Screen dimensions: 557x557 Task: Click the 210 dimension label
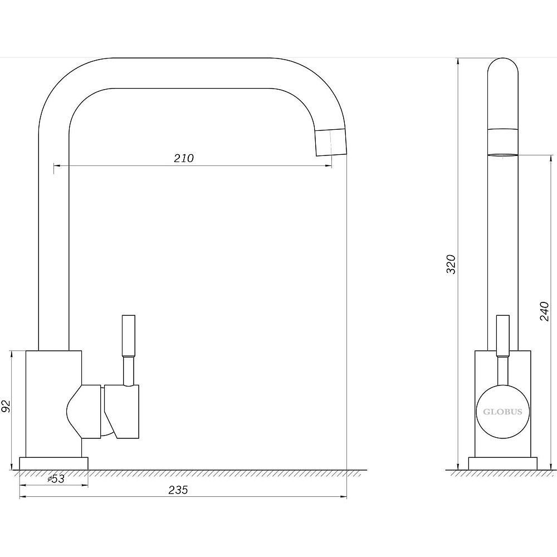click(x=184, y=158)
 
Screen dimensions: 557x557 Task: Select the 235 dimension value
click(x=178, y=490)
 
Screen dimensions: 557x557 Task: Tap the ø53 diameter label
click(x=56, y=479)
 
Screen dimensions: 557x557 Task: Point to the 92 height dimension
click(x=6, y=406)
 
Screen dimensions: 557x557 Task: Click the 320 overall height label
click(x=451, y=264)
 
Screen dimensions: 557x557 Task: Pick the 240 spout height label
click(x=545, y=311)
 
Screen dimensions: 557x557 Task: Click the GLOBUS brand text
click(x=502, y=412)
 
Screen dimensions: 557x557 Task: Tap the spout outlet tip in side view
click(x=502, y=155)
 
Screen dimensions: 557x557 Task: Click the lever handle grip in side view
click(x=502, y=335)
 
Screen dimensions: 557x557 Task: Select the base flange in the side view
click(x=502, y=463)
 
